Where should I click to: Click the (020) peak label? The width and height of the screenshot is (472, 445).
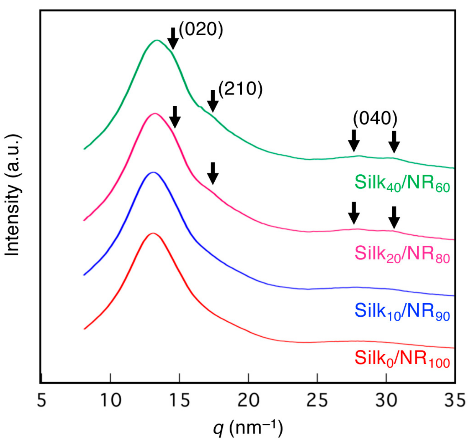click(x=201, y=29)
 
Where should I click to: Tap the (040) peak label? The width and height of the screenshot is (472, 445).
click(x=375, y=118)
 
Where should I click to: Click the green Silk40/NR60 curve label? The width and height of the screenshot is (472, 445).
click(x=402, y=183)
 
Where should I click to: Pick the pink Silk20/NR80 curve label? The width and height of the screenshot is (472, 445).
click(x=402, y=254)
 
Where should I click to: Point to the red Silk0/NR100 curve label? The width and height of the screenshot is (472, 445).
click(x=402, y=358)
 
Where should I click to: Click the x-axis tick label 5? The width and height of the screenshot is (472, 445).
click(x=42, y=400)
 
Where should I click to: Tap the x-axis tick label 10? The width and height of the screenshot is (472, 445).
click(x=110, y=400)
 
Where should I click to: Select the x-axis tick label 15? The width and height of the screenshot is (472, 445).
click(x=179, y=400)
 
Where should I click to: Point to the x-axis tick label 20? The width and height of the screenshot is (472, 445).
click(x=248, y=400)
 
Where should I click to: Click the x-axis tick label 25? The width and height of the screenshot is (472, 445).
click(x=317, y=400)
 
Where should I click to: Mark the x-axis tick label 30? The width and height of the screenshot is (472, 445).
click(x=386, y=400)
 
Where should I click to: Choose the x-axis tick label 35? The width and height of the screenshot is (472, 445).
click(x=455, y=400)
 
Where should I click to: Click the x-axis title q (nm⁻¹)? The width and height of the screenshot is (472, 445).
click(x=248, y=428)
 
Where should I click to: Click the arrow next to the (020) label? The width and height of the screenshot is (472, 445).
click(x=173, y=39)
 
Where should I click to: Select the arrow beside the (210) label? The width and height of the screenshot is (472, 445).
click(x=213, y=101)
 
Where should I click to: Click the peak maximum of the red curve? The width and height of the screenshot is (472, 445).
click(x=153, y=233)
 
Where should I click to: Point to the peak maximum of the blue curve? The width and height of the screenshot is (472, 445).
click(x=153, y=172)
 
